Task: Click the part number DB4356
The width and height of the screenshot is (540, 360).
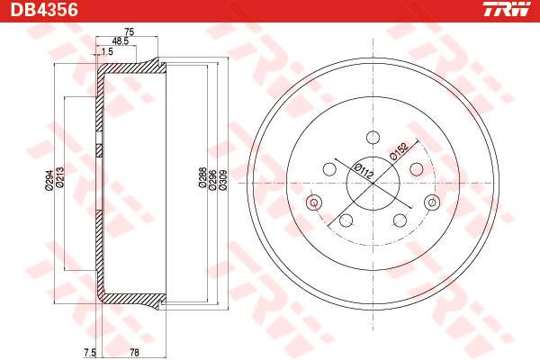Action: (x=44, y=10)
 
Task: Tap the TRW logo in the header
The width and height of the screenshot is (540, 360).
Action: (x=507, y=9)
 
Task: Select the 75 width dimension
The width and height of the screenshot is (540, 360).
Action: (x=128, y=31)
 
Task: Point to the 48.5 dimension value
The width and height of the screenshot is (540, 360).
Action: (x=121, y=41)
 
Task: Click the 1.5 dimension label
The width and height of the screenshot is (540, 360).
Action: (x=107, y=51)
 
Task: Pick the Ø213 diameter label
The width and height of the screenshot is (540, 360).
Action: (x=60, y=178)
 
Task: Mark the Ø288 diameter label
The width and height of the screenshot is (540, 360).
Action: (x=202, y=178)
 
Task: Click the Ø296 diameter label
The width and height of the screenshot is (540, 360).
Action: (x=212, y=179)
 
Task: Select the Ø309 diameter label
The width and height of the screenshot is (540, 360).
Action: (x=223, y=179)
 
